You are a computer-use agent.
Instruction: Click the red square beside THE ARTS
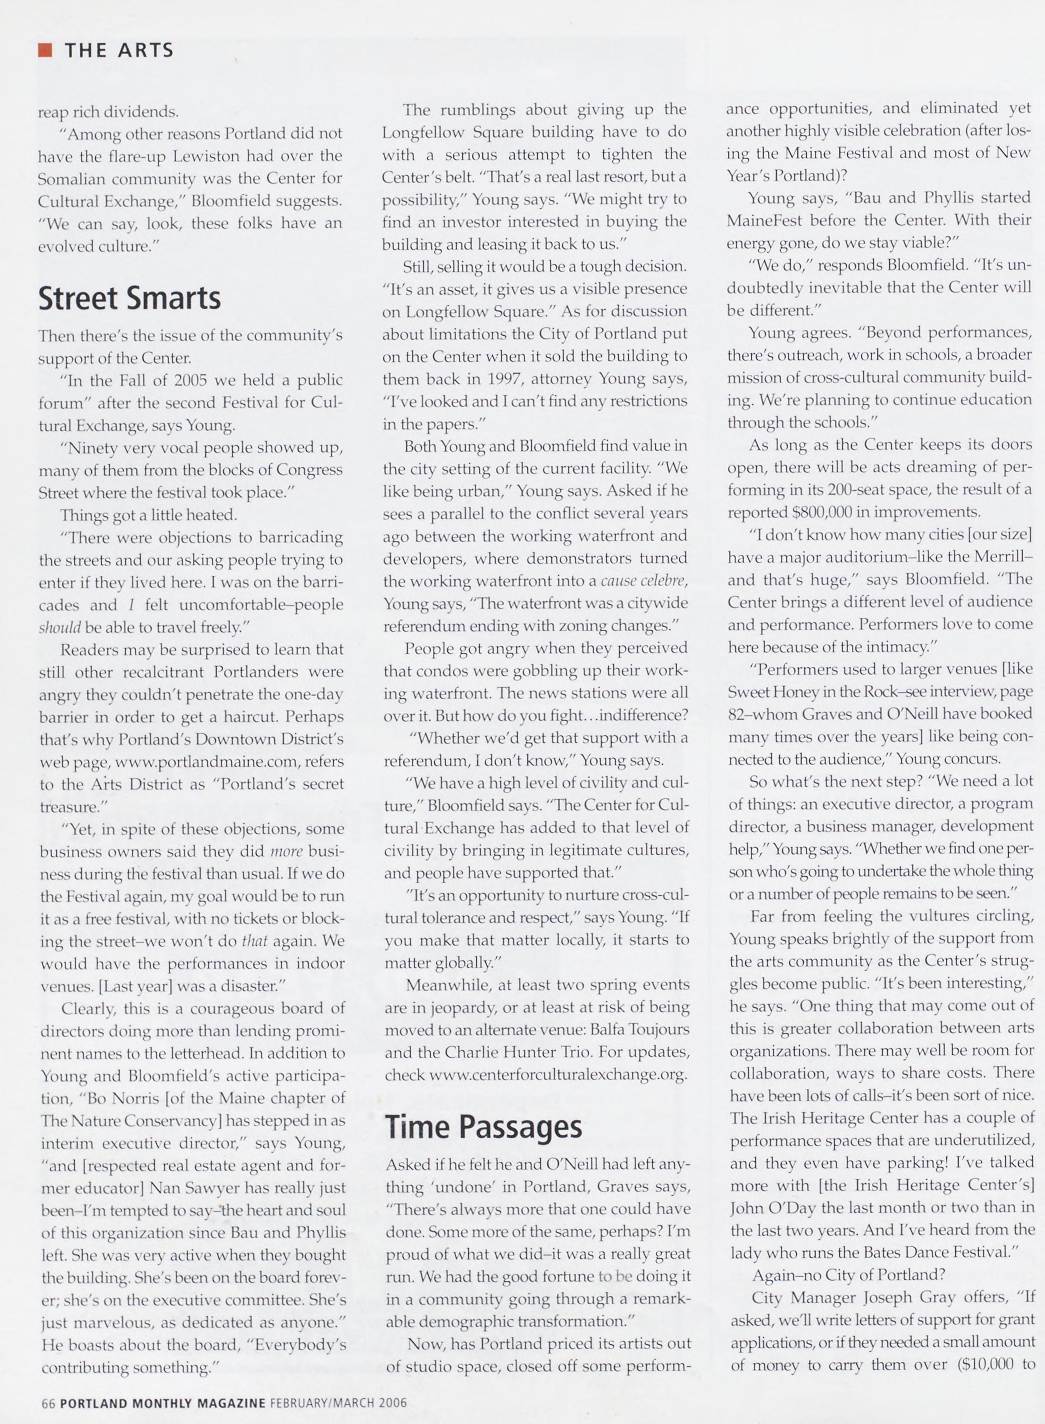pyautogui.click(x=45, y=50)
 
